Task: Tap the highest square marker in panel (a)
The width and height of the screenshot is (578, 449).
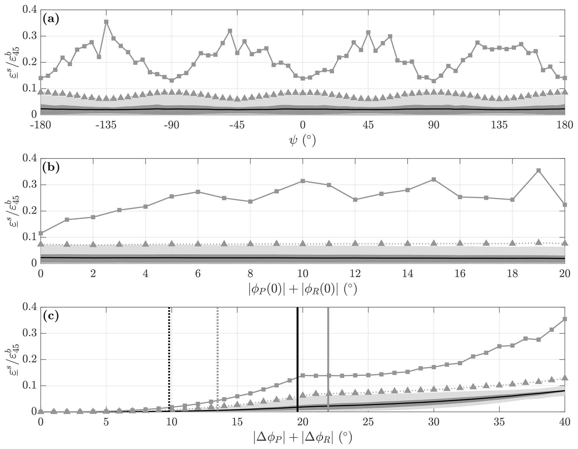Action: (x=106, y=22)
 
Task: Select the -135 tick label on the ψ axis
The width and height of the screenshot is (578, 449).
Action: (x=106, y=125)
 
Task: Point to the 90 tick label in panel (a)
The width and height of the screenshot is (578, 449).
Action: (x=434, y=125)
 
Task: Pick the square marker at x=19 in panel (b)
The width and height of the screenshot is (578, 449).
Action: (x=539, y=170)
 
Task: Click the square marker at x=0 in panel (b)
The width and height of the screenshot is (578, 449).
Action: (x=41, y=233)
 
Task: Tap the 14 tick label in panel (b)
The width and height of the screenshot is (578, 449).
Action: (x=407, y=273)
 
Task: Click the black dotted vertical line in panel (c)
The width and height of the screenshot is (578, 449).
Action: (x=169, y=350)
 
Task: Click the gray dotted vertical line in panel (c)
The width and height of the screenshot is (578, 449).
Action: (x=218, y=350)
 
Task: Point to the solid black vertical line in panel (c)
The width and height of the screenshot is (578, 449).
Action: (x=298, y=350)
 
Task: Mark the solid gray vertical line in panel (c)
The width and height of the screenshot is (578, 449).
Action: (x=328, y=350)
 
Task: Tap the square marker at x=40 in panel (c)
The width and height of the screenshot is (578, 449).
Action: (x=565, y=319)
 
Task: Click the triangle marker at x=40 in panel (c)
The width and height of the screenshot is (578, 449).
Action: (x=565, y=378)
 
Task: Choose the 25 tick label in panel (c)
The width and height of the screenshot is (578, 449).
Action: (x=368, y=422)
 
